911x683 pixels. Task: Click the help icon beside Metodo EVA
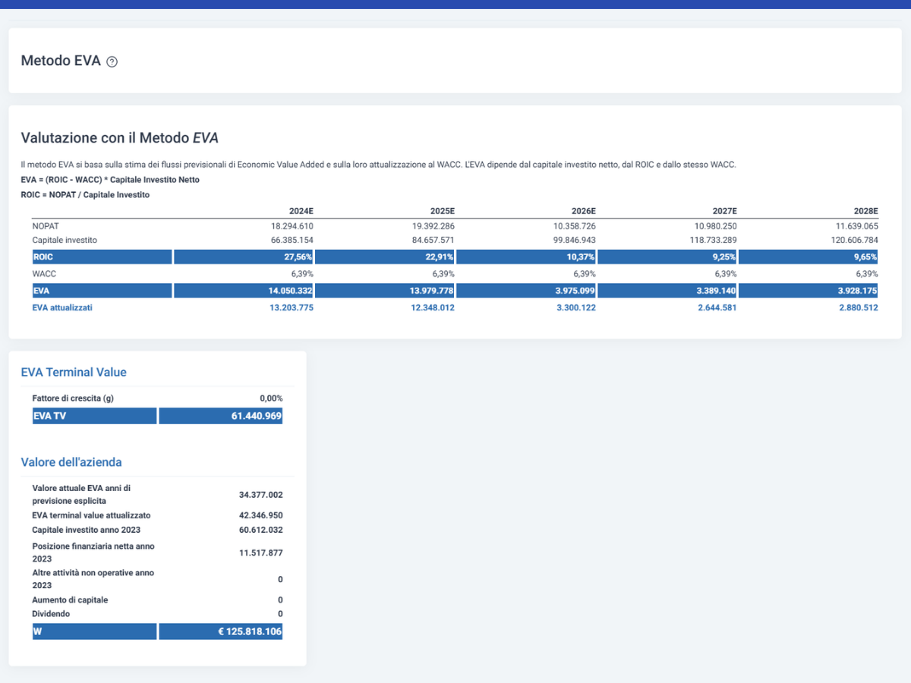pyautogui.click(x=112, y=61)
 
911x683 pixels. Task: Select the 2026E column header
pyautogui.click(x=583, y=211)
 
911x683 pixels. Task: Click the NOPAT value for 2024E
pyautogui.click(x=292, y=226)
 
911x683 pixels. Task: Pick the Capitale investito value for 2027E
pyautogui.click(x=713, y=240)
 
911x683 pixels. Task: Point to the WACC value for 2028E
pyautogui.click(x=867, y=274)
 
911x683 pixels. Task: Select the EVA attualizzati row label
pyautogui.click(x=62, y=307)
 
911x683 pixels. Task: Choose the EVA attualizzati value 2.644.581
pyautogui.click(x=717, y=307)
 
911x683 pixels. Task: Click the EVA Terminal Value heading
pyautogui.click(x=74, y=372)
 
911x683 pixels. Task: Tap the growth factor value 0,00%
pyautogui.click(x=271, y=398)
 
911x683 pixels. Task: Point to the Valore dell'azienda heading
pyautogui.click(x=71, y=462)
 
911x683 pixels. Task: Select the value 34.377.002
pyautogui.click(x=260, y=495)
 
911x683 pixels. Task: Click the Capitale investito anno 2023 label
pyautogui.click(x=87, y=530)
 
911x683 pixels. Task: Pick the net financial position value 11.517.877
pyautogui.click(x=260, y=552)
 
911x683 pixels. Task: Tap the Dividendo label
pyautogui.click(x=51, y=614)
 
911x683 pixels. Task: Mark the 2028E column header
pyautogui.click(x=865, y=211)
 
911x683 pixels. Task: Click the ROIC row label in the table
pyautogui.click(x=43, y=257)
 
